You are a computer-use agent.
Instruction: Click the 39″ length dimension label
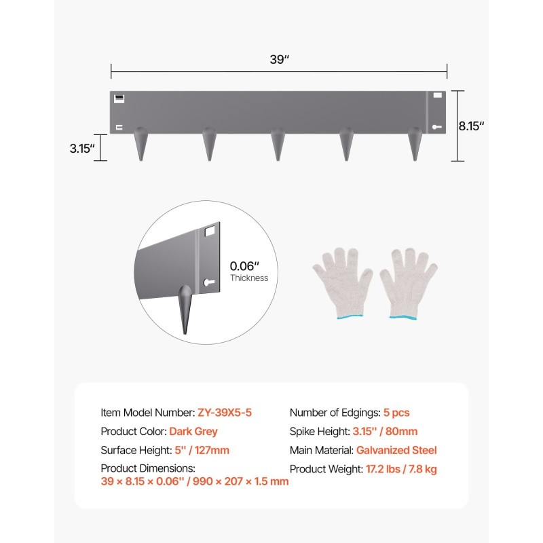pyautogui.click(x=279, y=59)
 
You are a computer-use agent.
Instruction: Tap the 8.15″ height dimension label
pyautogui.click(x=471, y=126)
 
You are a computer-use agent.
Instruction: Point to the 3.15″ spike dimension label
pyautogui.click(x=82, y=148)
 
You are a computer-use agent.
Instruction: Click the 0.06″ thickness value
pyautogui.click(x=244, y=266)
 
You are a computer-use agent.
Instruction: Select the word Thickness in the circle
pyautogui.click(x=249, y=278)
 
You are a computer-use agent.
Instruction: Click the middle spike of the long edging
pyautogui.click(x=278, y=144)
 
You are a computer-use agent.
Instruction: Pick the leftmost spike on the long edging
pyautogui.click(x=141, y=144)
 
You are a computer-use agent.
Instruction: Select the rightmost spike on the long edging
pyautogui.click(x=415, y=144)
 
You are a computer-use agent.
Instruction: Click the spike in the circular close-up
pyautogui.click(x=185, y=308)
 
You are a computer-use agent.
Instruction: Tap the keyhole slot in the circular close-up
pyautogui.click(x=209, y=282)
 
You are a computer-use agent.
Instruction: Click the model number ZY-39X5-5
pyautogui.click(x=225, y=413)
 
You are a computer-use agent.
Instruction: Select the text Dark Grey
pyautogui.click(x=193, y=431)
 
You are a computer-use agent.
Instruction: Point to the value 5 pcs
pyautogui.click(x=396, y=413)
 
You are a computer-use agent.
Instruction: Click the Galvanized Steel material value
pyautogui.click(x=396, y=450)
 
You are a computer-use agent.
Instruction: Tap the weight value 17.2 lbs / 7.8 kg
pyautogui.click(x=401, y=469)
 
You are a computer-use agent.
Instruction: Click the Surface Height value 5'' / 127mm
pyautogui.click(x=202, y=450)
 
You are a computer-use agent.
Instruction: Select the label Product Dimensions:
pyautogui.click(x=148, y=468)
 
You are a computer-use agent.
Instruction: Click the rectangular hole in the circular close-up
pyautogui.click(x=210, y=231)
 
